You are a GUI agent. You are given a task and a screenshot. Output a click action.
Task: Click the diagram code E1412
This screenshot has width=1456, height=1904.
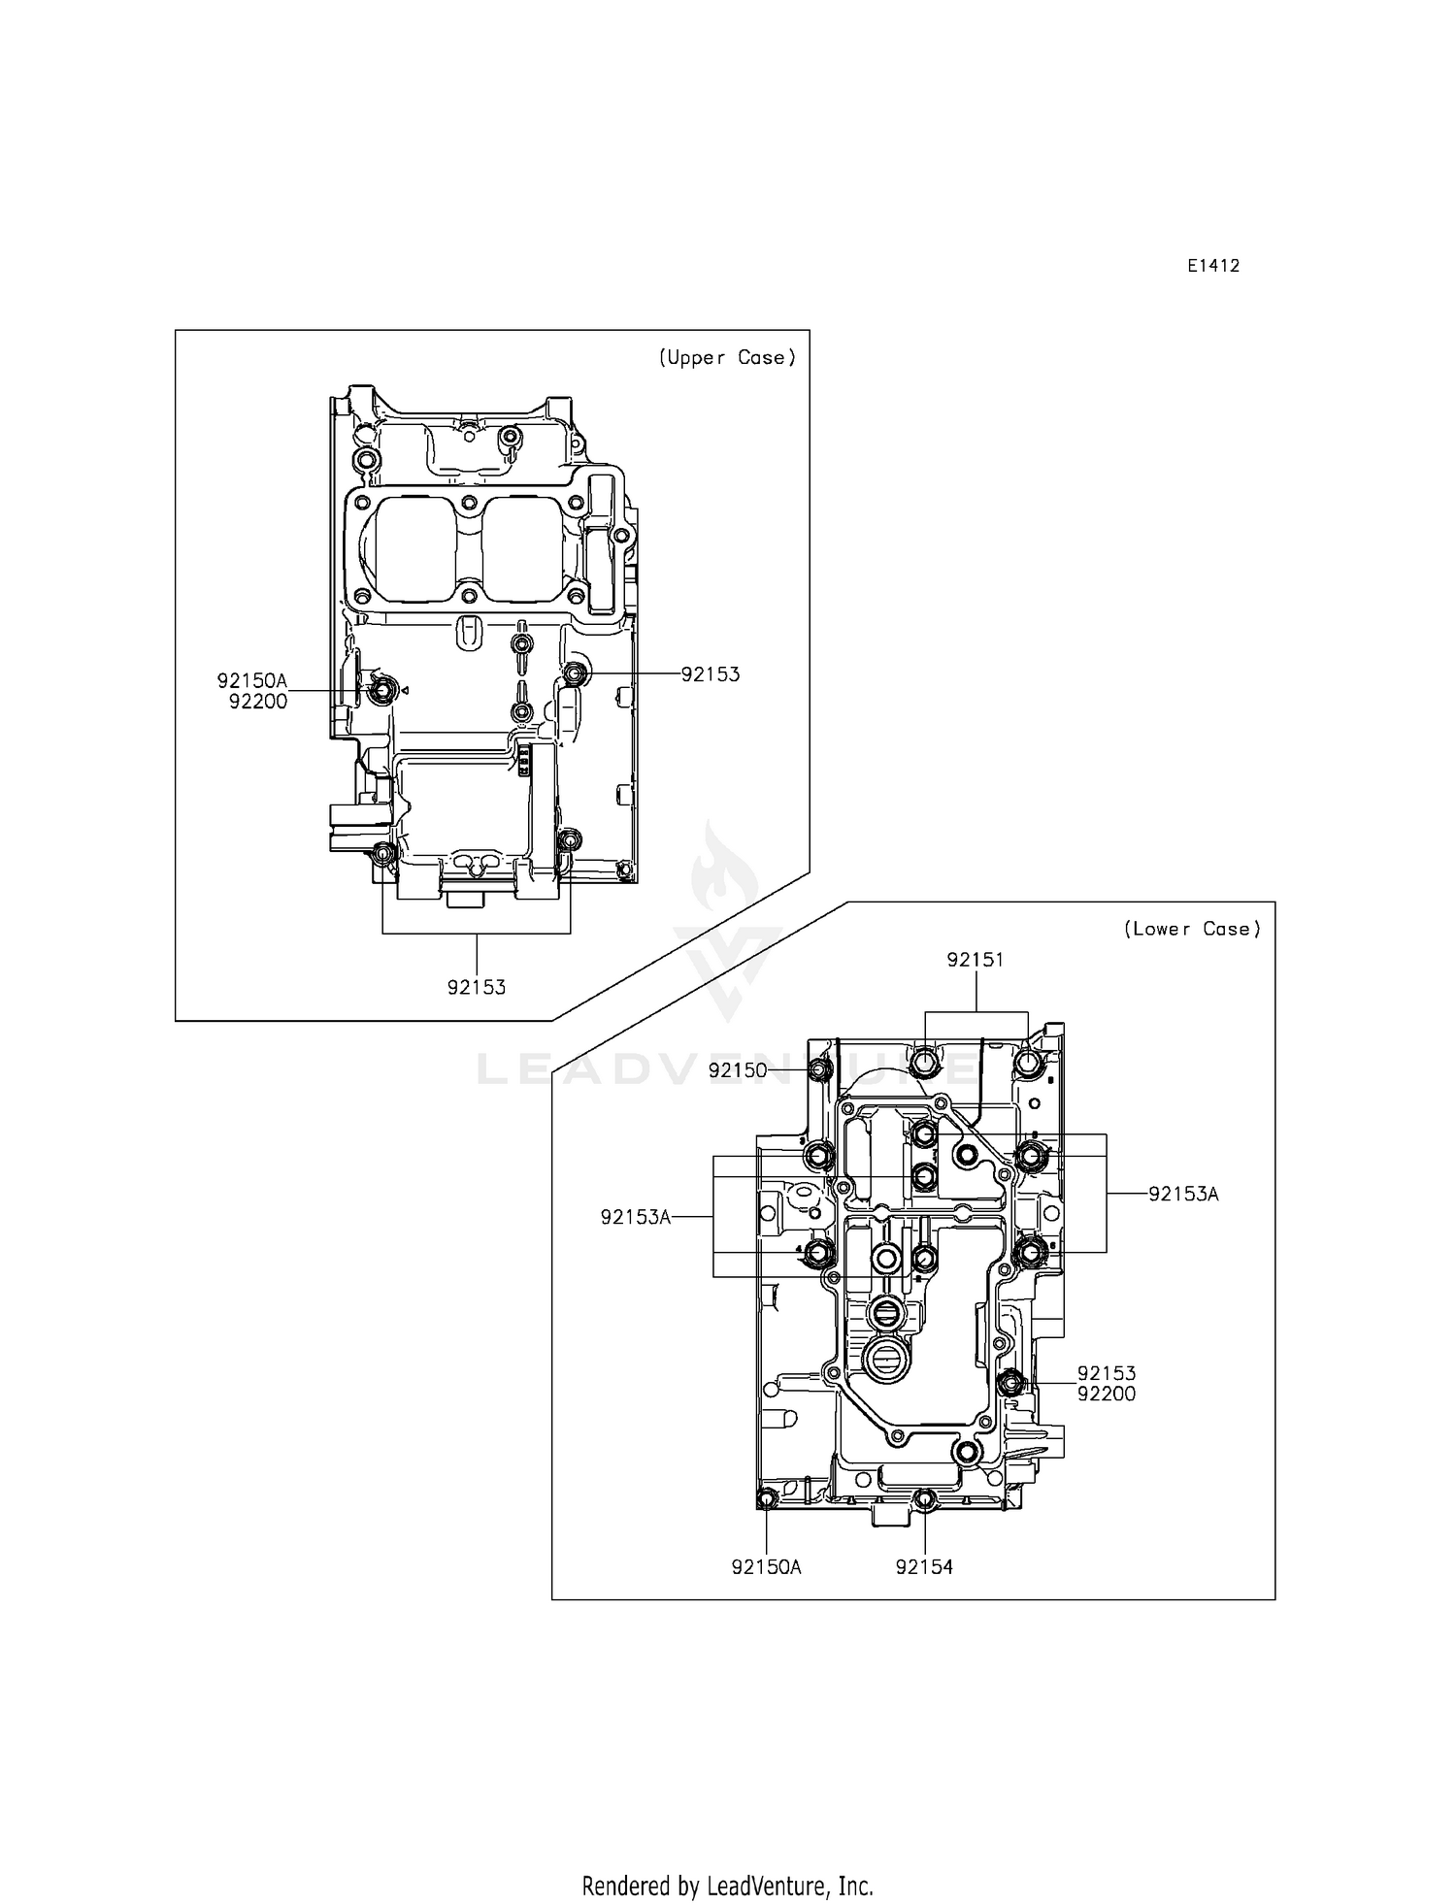1212,266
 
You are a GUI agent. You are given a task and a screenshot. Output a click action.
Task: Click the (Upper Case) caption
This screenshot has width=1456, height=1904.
727,358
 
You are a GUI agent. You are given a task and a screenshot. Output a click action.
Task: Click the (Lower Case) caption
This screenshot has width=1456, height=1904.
1192,929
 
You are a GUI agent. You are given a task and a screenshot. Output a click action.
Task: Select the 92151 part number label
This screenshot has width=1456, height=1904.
976,960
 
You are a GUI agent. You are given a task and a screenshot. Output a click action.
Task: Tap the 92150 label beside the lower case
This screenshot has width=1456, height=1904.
737,1070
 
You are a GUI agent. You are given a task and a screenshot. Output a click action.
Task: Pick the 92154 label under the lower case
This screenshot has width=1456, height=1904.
924,1566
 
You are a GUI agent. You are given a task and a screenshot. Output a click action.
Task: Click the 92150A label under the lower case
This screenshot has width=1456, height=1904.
766,1566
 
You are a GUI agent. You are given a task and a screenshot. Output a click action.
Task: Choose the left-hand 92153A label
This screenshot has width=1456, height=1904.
636,1217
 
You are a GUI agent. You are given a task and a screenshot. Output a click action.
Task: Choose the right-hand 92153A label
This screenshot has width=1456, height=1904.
1182,1195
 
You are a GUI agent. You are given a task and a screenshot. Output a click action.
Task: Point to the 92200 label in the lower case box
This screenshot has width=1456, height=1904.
1106,1395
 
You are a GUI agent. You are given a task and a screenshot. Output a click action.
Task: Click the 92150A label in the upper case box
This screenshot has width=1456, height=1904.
252,681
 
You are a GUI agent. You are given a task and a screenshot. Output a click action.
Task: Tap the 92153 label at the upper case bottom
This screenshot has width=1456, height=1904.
476,988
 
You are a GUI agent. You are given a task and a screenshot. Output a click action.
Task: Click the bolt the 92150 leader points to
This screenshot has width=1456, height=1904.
820,1070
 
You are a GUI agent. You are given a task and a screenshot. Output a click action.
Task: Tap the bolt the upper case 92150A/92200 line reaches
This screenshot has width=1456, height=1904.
381,690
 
